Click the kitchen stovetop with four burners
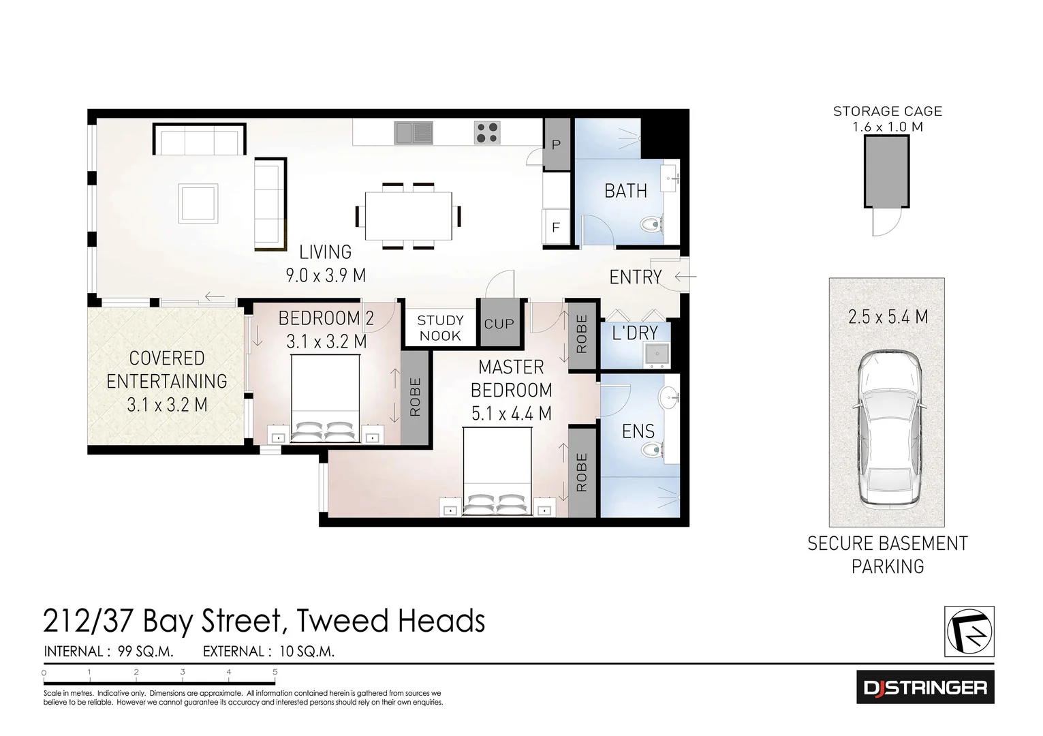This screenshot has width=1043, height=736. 487,132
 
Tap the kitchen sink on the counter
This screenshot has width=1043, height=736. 414,132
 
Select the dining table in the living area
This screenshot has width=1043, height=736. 408,216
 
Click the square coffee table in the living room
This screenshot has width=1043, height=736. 198,203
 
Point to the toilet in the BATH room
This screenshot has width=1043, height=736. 653,224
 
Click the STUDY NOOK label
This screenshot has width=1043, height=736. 440,328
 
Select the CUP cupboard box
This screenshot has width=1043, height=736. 499,324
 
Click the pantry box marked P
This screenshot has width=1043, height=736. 557,144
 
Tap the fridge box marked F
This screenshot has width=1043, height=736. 556,227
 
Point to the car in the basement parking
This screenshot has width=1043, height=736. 887,431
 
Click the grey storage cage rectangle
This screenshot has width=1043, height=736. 886,170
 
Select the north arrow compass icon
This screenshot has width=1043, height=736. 969,631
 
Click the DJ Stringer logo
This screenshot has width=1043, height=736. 924,687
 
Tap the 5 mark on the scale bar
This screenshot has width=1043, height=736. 275,672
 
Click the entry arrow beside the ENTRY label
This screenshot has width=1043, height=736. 685,277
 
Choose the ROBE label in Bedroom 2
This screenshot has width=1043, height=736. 415,397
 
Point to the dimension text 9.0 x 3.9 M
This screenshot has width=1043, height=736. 325,275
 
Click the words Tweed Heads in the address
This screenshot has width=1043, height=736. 391,621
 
